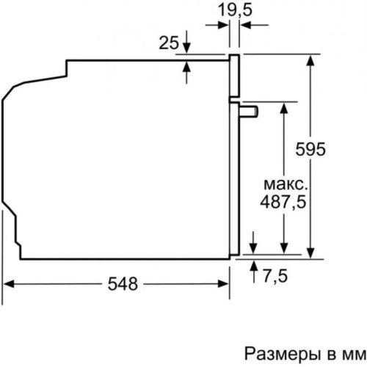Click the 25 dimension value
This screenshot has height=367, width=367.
tap(169, 43)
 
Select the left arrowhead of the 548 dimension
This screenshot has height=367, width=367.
tap(9, 284)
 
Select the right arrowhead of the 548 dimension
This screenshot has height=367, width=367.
tap(224, 284)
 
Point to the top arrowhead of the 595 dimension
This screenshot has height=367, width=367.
tap(313, 59)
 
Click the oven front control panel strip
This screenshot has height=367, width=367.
tap(234, 76)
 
